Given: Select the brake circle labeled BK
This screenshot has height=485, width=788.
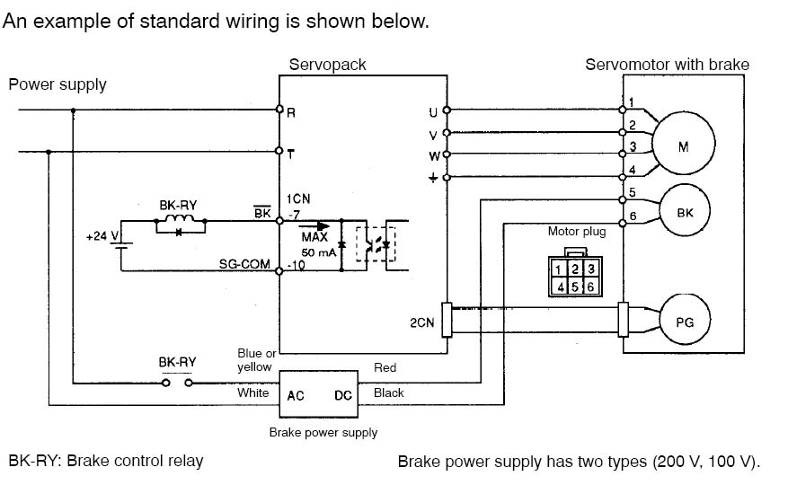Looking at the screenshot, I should [x=683, y=212].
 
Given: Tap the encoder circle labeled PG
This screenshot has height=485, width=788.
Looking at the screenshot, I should [x=683, y=321].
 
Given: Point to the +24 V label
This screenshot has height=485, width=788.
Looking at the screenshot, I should [x=102, y=236].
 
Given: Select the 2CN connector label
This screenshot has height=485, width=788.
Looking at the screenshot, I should [x=421, y=322].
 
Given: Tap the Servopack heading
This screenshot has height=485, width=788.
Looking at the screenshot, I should [x=327, y=65].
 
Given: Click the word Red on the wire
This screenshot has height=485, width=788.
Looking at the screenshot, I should [x=385, y=367].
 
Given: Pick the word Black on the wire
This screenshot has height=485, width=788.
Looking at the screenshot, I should [x=388, y=392].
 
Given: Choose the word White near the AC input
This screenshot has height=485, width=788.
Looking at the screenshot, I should [x=252, y=392].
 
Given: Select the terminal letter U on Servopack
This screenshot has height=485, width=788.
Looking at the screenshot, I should [x=434, y=112].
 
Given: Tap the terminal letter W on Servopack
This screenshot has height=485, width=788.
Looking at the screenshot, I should [x=434, y=155].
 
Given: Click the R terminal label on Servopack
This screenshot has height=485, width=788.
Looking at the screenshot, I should [x=290, y=114].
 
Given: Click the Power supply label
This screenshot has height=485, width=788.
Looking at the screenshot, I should [x=58, y=84].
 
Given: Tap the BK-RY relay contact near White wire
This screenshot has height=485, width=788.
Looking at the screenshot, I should [x=176, y=384].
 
